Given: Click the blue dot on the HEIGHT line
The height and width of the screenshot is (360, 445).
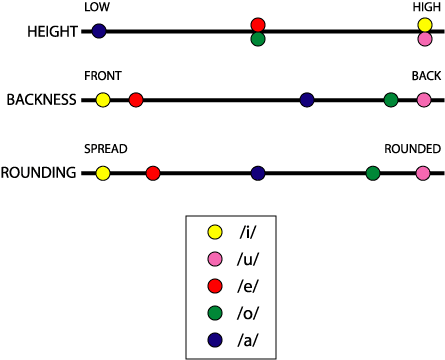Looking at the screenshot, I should tap(99, 31).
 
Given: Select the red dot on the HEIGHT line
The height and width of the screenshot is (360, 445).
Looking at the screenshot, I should tap(258, 24).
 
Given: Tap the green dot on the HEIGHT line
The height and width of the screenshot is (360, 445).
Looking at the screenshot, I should tap(258, 39).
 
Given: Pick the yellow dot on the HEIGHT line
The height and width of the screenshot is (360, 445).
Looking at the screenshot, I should tap(425, 24).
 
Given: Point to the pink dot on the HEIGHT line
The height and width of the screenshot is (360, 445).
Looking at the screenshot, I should tap(425, 39).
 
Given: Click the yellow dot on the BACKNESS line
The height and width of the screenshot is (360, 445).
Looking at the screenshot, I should tap(103, 100).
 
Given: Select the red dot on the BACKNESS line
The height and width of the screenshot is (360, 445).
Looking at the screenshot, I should tap(136, 100).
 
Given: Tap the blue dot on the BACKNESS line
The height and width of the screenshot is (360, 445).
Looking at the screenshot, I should tap(307, 100).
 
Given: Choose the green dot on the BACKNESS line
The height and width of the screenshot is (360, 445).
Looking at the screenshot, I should tap(391, 100).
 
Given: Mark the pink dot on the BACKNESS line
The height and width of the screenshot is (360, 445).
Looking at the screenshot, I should tap(424, 100).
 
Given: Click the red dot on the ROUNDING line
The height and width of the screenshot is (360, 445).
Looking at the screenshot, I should tap(153, 173).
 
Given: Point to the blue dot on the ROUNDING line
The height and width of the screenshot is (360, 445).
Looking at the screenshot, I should tap(258, 173).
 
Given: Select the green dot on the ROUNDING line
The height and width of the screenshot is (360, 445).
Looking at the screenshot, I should tap(373, 173).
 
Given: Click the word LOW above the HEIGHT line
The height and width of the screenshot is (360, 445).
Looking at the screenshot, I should tap(98, 7).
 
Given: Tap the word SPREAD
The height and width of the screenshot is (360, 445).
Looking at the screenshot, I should tap(105, 149).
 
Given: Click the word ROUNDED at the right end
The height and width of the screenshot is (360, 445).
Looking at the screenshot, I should tap(413, 149).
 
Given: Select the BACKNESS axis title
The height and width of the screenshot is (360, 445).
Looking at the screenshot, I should tap(41, 101).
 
